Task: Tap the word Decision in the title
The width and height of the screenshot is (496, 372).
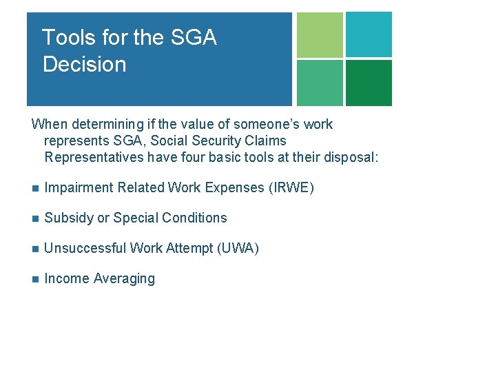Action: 84,65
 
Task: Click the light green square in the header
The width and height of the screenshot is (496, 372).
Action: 320,35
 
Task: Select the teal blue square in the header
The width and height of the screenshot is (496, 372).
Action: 369,34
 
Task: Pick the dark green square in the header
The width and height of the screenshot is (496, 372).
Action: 369,83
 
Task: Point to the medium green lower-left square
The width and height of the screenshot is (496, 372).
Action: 320,83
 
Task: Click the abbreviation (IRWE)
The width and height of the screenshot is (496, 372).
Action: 291,187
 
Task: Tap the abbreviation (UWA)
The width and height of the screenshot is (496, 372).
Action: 238,248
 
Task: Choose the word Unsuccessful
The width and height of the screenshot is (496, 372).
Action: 84,248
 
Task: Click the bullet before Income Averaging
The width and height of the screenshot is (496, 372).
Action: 35,279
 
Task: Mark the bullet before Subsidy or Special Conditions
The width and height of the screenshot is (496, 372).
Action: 35,218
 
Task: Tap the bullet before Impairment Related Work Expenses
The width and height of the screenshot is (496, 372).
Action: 35,188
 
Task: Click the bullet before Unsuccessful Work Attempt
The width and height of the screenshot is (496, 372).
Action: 35,249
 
